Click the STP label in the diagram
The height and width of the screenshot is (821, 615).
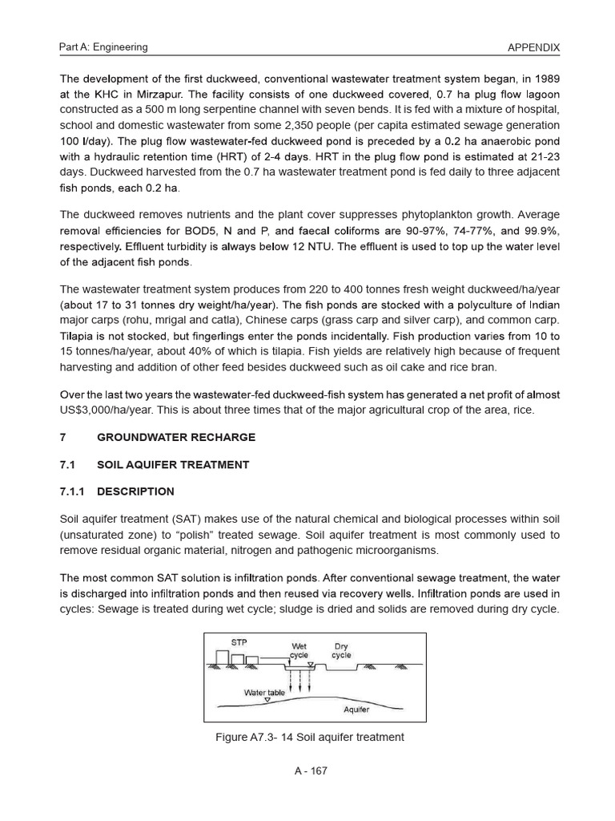(239, 642)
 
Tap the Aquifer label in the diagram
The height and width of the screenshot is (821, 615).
(356, 710)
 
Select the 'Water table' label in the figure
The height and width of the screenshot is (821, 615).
(264, 692)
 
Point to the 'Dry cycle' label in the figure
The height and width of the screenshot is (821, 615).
(341, 650)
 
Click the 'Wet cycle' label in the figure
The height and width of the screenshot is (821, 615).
(299, 650)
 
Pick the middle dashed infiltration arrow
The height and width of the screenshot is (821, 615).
(300, 678)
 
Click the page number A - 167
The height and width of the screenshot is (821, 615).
(311, 771)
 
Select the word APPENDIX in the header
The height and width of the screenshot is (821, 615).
(534, 47)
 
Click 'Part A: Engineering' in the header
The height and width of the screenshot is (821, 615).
(103, 47)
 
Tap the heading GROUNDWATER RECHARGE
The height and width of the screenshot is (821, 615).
(176, 437)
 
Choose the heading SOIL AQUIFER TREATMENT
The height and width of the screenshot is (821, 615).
(173, 464)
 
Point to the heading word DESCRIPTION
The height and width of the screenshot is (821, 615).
(135, 491)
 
